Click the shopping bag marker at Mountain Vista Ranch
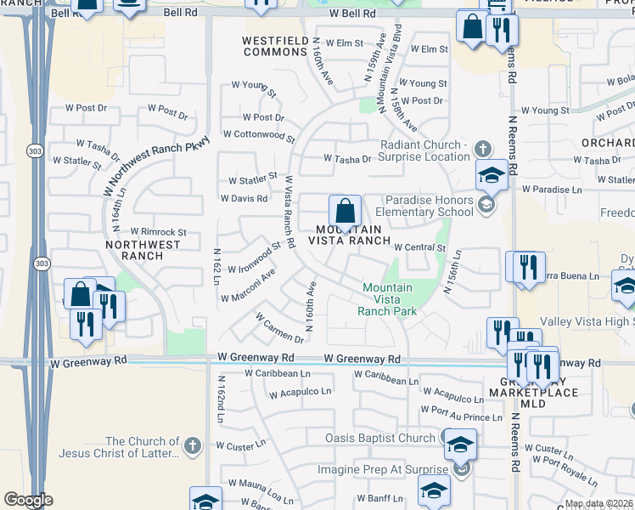(x=346, y=210)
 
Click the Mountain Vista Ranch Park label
(x=387, y=299)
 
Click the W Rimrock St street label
(x=158, y=232)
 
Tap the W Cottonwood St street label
(x=259, y=134)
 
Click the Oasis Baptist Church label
(x=380, y=439)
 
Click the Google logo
(x=28, y=500)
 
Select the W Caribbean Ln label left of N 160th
(x=278, y=373)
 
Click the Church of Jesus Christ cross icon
(x=193, y=445)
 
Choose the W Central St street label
(x=419, y=247)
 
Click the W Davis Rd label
(x=244, y=199)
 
